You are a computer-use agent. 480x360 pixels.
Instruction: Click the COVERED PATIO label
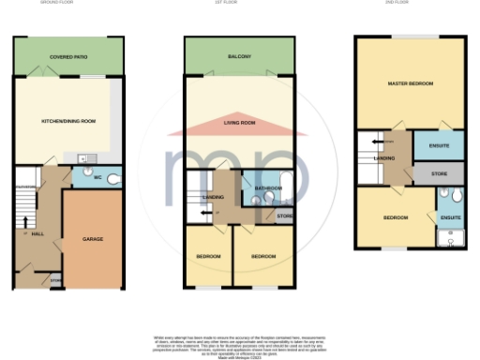68,57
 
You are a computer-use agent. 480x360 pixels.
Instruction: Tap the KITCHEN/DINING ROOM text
68,122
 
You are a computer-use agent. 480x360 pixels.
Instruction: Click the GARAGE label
92,239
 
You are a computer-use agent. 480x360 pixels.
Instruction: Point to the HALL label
37,232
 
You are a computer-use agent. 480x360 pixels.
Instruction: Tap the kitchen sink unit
83,159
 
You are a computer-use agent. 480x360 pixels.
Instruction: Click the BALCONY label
239,57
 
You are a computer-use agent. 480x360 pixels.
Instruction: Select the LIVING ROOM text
239,123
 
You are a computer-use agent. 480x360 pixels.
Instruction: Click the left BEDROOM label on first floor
208,256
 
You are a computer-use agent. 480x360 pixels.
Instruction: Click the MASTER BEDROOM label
410,83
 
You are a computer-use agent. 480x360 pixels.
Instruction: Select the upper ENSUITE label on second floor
450,145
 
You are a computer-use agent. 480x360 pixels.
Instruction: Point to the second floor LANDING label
384,158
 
